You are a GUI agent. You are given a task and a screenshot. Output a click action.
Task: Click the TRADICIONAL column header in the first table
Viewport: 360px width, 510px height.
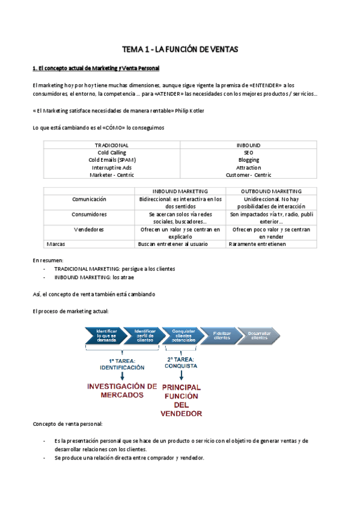(112, 145)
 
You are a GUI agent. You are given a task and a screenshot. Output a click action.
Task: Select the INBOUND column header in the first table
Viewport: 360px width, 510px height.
(248, 145)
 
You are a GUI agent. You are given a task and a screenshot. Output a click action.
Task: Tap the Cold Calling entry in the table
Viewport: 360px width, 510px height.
(112, 153)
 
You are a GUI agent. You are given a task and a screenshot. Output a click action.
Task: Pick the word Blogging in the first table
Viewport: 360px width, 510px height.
(248, 160)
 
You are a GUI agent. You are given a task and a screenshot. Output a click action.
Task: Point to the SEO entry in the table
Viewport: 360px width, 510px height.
(248, 153)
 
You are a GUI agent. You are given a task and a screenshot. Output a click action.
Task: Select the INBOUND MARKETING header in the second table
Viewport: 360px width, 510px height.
(180, 191)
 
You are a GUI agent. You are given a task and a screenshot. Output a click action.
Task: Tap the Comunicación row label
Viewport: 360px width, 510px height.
(89, 198)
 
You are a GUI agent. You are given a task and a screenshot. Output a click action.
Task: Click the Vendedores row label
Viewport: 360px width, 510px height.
(89, 229)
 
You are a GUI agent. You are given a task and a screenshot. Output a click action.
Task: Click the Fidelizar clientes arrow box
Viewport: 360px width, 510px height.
(222, 336)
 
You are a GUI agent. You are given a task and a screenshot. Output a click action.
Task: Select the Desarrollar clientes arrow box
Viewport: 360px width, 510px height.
(259, 336)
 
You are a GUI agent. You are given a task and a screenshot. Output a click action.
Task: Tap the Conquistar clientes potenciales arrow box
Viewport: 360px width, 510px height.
(183, 336)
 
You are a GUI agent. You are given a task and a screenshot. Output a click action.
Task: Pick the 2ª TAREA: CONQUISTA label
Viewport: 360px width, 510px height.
(181, 361)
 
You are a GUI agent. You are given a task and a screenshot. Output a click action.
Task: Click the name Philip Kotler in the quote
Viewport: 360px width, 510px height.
(193, 111)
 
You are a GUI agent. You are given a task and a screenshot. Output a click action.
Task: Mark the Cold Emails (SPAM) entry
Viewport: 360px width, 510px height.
(112, 160)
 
